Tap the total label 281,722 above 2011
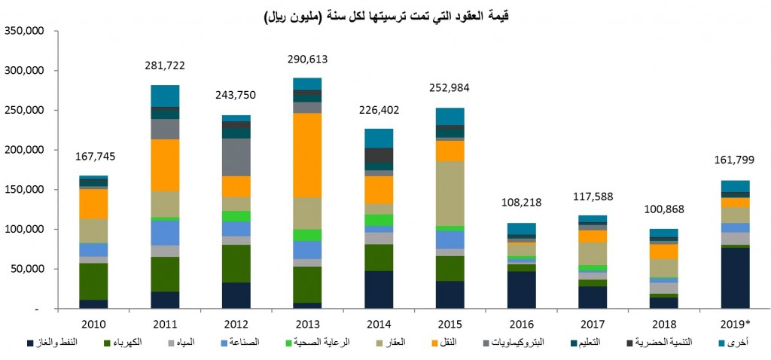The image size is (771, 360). coord(164,66)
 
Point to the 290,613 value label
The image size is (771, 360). coord(308,59)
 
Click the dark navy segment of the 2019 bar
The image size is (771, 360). coord(735,278)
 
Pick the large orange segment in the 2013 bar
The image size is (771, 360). coord(307,155)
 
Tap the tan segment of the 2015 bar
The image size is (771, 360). coord(450,194)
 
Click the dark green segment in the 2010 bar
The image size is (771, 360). coord(93,282)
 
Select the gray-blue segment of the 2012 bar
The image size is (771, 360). coord(236,157)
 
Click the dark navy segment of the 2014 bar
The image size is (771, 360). coord(379,289)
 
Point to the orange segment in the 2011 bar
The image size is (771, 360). coord(165,165)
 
